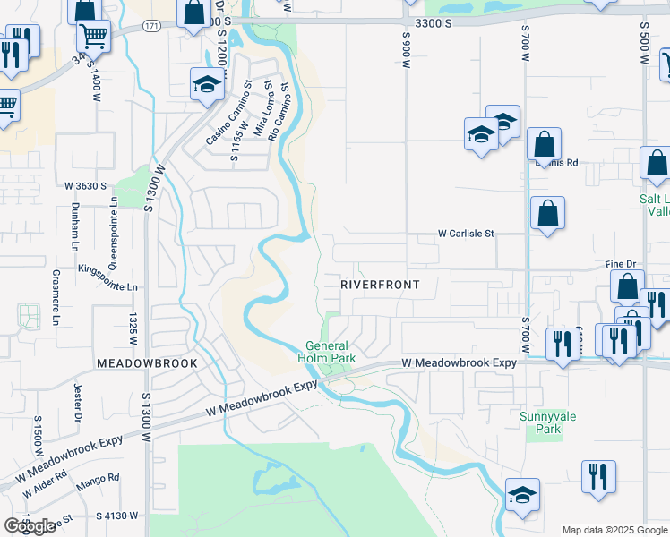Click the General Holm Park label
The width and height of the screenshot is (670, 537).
(x=331, y=352)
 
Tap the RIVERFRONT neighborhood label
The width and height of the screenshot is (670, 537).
(x=380, y=284)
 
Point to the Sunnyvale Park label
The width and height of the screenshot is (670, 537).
(x=540, y=422)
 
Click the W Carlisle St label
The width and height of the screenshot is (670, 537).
(x=466, y=234)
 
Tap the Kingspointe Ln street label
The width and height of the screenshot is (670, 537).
(x=108, y=287)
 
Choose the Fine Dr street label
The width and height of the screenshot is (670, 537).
(x=620, y=264)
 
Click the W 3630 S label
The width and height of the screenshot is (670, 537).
(x=85, y=185)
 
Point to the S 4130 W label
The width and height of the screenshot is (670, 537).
(x=117, y=516)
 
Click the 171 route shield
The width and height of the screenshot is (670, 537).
(x=151, y=27)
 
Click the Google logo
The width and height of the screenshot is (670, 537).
(x=30, y=525)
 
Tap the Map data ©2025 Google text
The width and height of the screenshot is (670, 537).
(x=614, y=530)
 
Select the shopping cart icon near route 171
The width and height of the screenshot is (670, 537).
(x=93, y=35)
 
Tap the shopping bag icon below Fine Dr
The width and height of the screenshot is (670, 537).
(x=627, y=286)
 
